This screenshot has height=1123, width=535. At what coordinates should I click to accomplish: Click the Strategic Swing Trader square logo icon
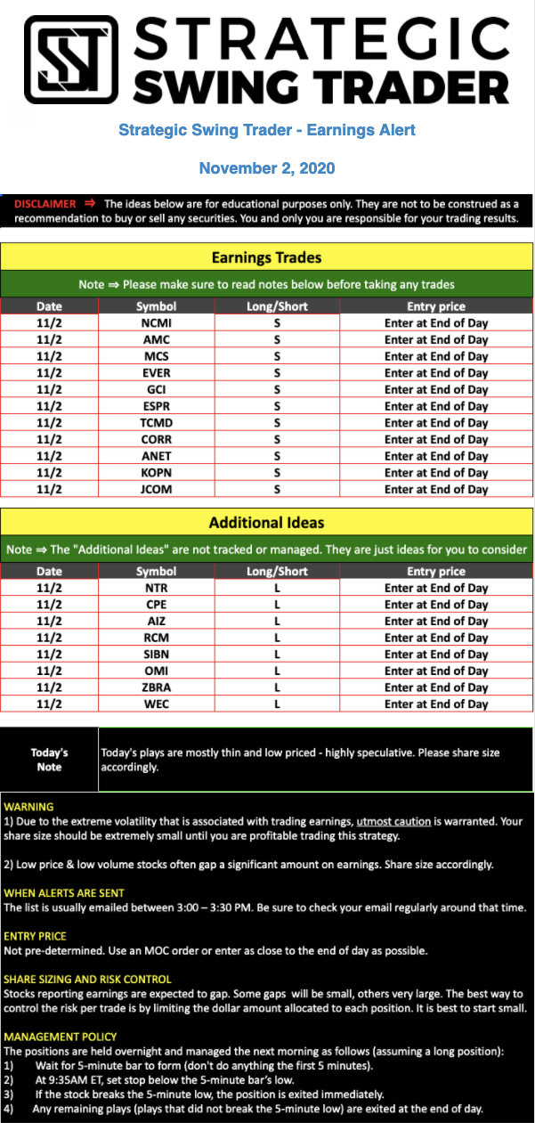[70, 60]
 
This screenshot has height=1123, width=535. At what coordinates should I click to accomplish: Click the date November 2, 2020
[267, 168]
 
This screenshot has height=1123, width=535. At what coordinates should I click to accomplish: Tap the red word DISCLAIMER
[45, 204]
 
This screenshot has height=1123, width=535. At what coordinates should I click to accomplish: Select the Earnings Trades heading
[267, 258]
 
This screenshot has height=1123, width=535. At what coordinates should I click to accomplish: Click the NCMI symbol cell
[156, 323]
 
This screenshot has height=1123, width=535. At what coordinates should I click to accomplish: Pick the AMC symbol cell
[156, 340]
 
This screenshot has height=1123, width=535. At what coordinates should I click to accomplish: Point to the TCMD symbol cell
[156, 423]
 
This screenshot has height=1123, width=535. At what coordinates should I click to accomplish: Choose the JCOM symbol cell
[156, 489]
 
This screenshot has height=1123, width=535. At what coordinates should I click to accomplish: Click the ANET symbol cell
[156, 456]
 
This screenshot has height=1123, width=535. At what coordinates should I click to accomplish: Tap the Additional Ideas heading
[267, 523]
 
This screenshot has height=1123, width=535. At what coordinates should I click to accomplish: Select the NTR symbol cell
[156, 588]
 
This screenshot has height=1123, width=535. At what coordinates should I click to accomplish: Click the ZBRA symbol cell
[156, 688]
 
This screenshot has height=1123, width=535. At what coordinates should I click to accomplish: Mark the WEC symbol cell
[156, 704]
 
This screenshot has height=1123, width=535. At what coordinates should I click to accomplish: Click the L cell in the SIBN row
[277, 655]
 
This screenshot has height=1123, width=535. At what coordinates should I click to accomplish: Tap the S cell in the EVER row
[277, 373]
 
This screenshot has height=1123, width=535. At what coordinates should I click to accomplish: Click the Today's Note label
[49, 759]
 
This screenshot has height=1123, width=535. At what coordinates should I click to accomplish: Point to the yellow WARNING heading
[28, 807]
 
